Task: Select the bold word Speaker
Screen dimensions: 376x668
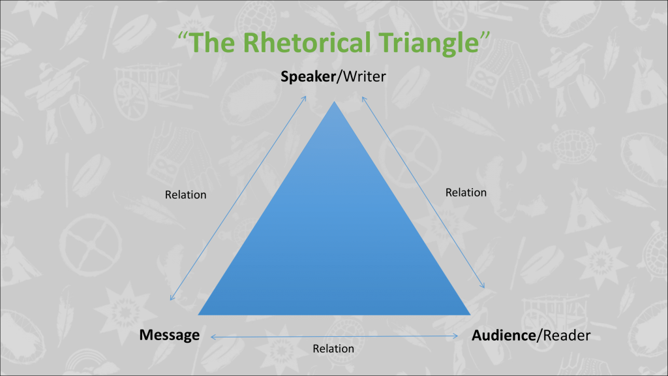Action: pyautogui.click(x=307, y=77)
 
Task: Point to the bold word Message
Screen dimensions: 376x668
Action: pyautogui.click(x=169, y=336)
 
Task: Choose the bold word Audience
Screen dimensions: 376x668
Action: pyautogui.click(x=503, y=336)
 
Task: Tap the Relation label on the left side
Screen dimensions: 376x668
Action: pyautogui.click(x=186, y=195)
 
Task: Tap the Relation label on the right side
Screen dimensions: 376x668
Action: pyautogui.click(x=466, y=193)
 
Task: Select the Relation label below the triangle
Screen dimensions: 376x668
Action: pyautogui.click(x=333, y=349)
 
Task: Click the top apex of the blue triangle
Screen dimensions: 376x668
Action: pyautogui.click(x=335, y=103)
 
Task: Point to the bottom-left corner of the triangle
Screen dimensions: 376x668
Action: pyautogui.click(x=200, y=314)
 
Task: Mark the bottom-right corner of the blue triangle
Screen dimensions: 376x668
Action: pyautogui.click(x=469, y=314)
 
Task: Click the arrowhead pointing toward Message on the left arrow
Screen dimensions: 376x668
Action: pyautogui.click(x=172, y=299)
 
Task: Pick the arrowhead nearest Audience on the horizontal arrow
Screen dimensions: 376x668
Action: pyautogui.click(x=457, y=336)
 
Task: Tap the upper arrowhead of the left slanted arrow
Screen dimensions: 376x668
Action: pyautogui.click(x=305, y=97)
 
